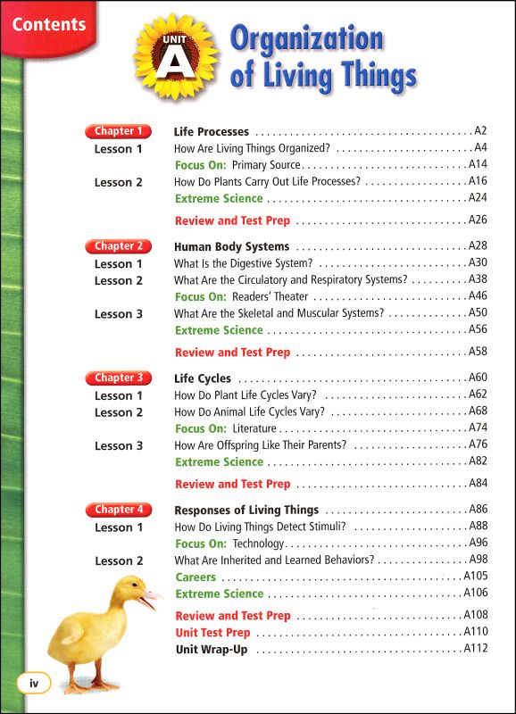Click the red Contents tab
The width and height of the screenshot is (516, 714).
(x=48, y=24)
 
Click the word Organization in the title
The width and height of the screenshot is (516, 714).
(x=306, y=40)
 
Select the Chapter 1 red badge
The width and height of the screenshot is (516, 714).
(x=118, y=131)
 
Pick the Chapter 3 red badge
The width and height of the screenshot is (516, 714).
(x=118, y=378)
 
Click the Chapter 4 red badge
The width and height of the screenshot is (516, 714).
(x=118, y=510)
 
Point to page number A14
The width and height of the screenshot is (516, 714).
(x=478, y=165)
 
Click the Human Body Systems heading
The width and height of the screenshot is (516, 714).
(x=231, y=246)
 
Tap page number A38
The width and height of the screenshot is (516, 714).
(x=478, y=279)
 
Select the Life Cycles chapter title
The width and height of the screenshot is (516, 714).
(x=202, y=378)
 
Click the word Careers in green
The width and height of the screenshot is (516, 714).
(x=196, y=577)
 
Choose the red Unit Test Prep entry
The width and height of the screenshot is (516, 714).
(x=212, y=632)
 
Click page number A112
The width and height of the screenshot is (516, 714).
(x=476, y=649)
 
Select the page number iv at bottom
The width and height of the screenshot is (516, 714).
(x=35, y=685)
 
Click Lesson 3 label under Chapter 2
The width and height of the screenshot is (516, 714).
(x=118, y=313)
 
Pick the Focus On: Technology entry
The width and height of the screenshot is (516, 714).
(x=229, y=544)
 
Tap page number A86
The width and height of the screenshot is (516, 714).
(x=478, y=511)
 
